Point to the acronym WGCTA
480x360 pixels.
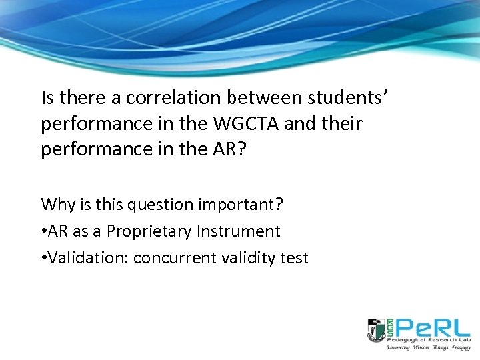pyautogui.click(x=251, y=124)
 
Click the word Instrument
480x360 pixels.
pyautogui.click(x=239, y=231)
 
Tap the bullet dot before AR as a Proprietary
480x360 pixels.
pyautogui.click(x=44, y=232)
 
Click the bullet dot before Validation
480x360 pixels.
pyautogui.click(x=44, y=259)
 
